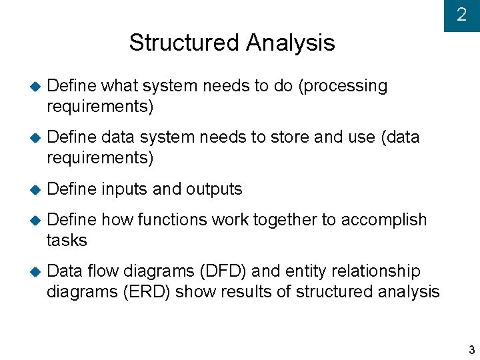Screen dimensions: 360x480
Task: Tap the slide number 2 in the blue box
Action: click(461, 15)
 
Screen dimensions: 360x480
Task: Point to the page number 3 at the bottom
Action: click(471, 350)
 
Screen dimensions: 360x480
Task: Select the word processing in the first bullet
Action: click(346, 87)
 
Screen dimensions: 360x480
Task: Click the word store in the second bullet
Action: click(289, 137)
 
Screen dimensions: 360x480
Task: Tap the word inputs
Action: click(125, 189)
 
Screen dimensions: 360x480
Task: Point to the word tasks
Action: click(67, 240)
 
